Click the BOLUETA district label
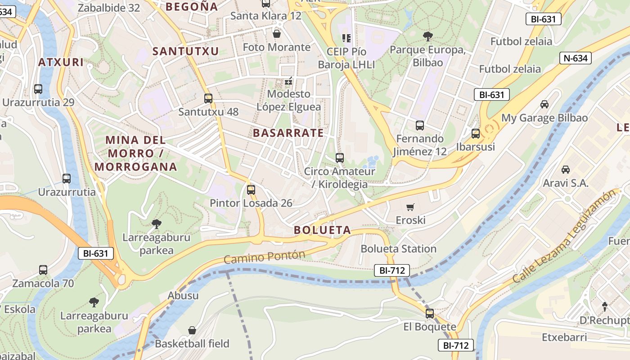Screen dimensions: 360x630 pyautogui.click(x=322, y=230)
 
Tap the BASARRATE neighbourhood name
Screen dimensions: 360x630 pyautogui.click(x=288, y=133)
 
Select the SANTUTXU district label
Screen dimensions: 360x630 pyautogui.click(x=185, y=51)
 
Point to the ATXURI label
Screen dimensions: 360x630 pyautogui.click(x=61, y=62)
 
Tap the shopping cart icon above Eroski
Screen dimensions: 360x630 pyautogui.click(x=410, y=207)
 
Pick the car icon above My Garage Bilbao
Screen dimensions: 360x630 pyautogui.click(x=544, y=104)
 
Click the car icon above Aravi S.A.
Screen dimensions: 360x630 pyautogui.click(x=566, y=170)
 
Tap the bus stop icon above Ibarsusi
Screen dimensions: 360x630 pyautogui.click(x=476, y=134)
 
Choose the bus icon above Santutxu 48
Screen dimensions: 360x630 pyautogui.click(x=208, y=99)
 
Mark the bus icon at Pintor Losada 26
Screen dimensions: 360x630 pyautogui.click(x=251, y=190)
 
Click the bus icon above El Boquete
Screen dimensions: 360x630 pyautogui.click(x=430, y=314)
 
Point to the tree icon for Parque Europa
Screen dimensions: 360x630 pyautogui.click(x=427, y=36)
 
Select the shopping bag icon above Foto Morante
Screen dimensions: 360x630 pyautogui.click(x=277, y=34)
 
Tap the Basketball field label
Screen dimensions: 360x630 pyautogui.click(x=192, y=343)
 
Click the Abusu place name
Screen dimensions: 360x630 pyautogui.click(x=183, y=296)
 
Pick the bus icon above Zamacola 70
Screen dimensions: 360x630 pyautogui.click(x=43, y=270)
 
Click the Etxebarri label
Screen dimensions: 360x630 pyautogui.click(x=564, y=337)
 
